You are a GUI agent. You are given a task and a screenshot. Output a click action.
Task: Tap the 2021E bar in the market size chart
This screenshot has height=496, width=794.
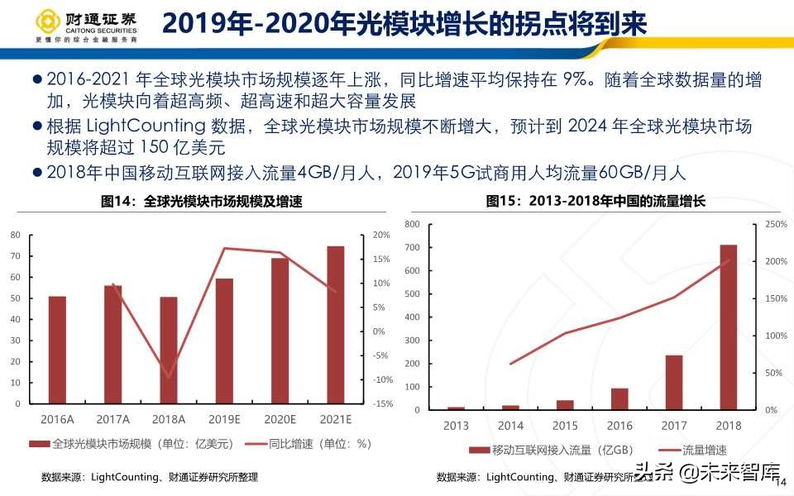pos(336,325)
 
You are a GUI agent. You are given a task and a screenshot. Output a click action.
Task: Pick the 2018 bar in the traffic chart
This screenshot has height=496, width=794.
pos(728,327)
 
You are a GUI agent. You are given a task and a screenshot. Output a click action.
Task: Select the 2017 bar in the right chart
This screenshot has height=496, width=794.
pos(674,383)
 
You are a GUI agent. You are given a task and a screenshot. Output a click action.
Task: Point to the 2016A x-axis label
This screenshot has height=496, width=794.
pos(57,419)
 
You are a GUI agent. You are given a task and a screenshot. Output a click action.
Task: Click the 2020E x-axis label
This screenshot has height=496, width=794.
pos(280,419)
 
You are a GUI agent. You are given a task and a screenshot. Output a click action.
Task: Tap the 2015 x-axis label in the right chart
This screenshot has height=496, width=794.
pos(565,426)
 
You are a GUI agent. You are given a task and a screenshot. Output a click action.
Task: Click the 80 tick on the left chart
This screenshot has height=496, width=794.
pos(15,235)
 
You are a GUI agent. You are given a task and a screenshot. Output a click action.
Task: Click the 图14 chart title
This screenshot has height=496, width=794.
pos(201,201)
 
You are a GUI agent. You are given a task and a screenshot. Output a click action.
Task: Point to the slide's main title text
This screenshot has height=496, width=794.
pos(404,24)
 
